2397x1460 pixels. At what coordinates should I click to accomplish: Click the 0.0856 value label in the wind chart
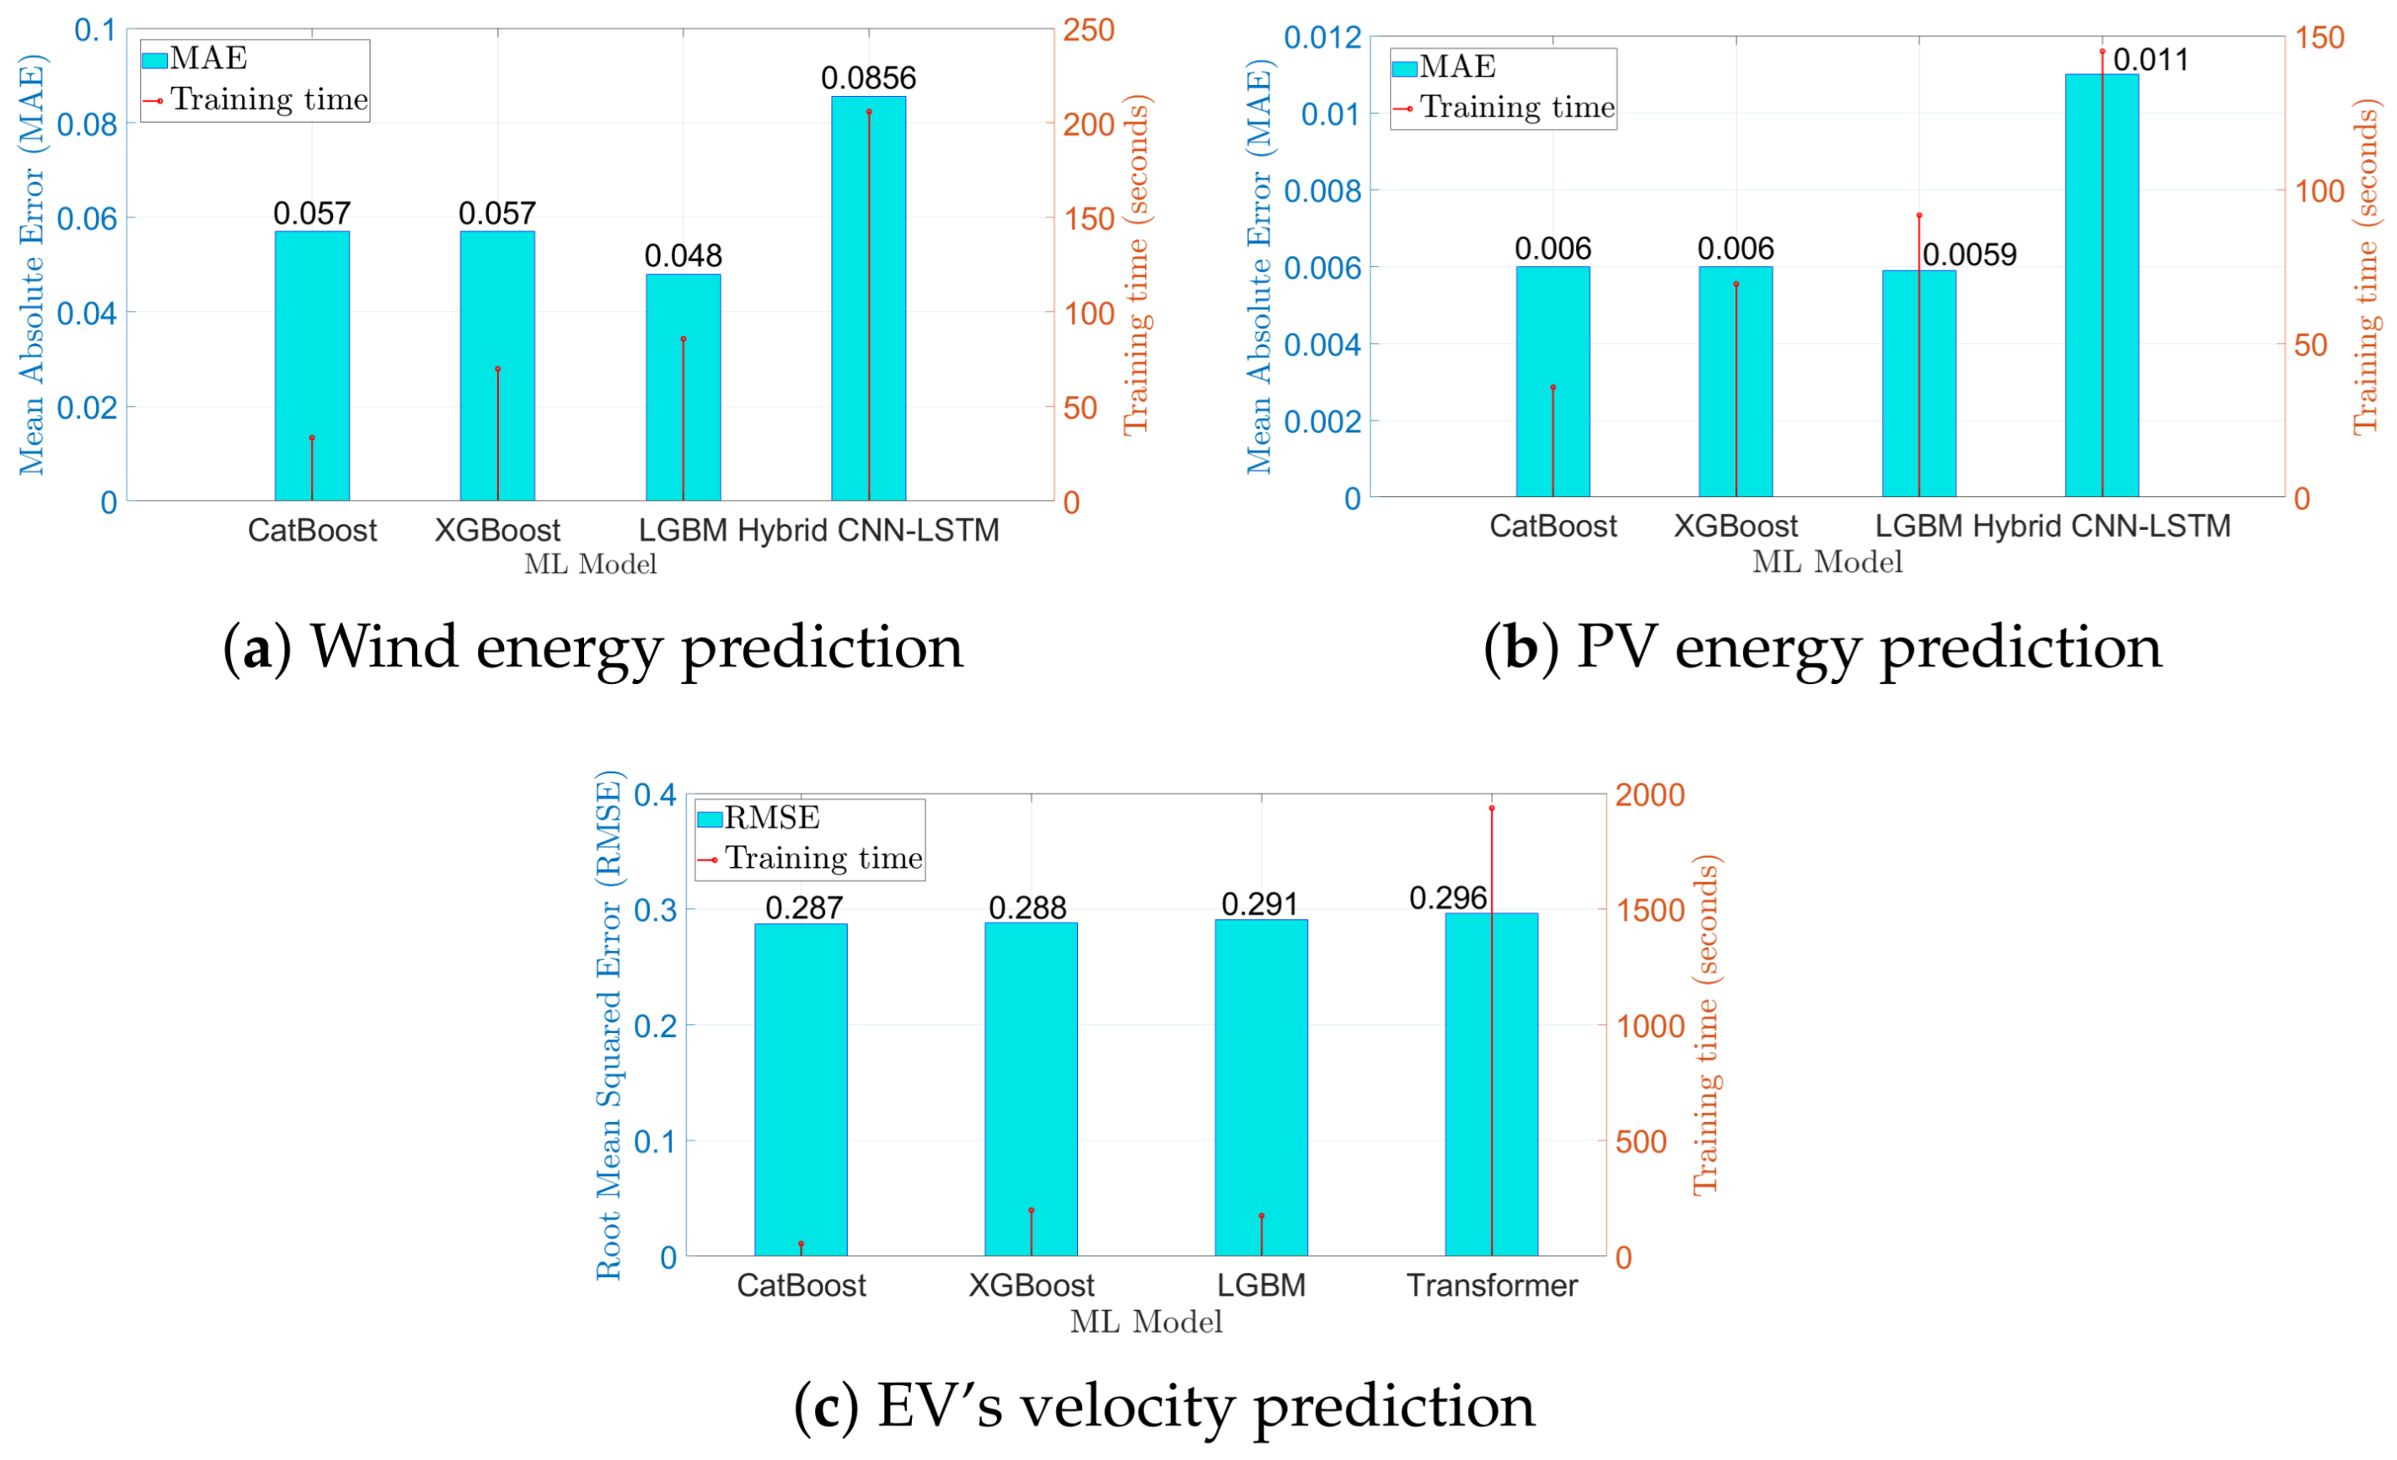[x=868, y=78]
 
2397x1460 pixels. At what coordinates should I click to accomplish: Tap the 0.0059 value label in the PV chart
[x=1969, y=254]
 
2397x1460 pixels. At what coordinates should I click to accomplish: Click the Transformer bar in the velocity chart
[x=1514, y=1089]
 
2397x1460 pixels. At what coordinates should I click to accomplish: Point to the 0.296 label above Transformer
[x=1447, y=898]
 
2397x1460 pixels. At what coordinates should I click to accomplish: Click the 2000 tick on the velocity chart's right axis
[x=1650, y=794]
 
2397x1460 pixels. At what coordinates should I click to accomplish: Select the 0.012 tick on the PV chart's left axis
[x=1323, y=38]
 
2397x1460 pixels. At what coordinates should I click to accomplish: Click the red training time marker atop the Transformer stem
[x=1491, y=808]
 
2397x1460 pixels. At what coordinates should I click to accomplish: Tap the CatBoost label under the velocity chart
[x=801, y=1285]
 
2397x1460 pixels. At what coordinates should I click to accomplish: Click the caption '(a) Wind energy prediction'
[x=593, y=647]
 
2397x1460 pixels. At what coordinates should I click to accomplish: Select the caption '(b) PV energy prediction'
[x=1822, y=647]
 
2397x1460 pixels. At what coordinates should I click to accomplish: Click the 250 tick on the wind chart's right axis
[x=1087, y=30]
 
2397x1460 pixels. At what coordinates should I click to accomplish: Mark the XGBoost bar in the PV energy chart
[x=1735, y=389]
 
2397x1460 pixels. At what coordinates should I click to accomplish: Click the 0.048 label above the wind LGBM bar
[x=683, y=256]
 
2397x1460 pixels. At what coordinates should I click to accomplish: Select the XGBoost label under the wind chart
[x=497, y=530]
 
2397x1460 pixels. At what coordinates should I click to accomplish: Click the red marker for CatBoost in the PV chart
[x=1552, y=388]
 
